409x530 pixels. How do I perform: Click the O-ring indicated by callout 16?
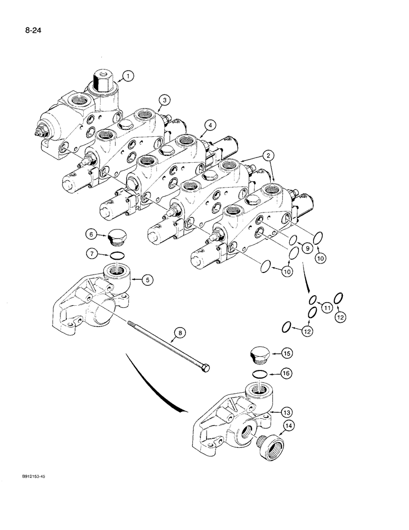coord(260,374)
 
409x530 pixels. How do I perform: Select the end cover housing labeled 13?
coord(228,419)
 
